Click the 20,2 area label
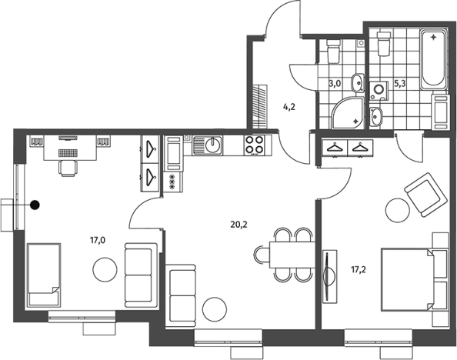click(239, 225)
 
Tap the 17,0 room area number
click(98, 240)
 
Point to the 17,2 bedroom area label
click(359, 270)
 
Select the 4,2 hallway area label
click(289, 107)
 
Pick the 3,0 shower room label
click(335, 84)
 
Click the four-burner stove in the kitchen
click(255, 145)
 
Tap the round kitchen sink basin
click(213, 145)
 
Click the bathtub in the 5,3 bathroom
click(433, 59)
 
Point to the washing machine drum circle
click(379, 88)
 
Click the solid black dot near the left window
click(35, 205)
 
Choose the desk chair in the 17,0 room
click(68, 168)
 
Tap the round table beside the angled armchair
click(398, 210)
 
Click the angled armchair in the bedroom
click(425, 195)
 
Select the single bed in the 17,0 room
click(44, 275)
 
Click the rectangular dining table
click(292, 255)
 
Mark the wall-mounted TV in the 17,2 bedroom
click(329, 276)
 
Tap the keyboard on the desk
click(68, 152)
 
